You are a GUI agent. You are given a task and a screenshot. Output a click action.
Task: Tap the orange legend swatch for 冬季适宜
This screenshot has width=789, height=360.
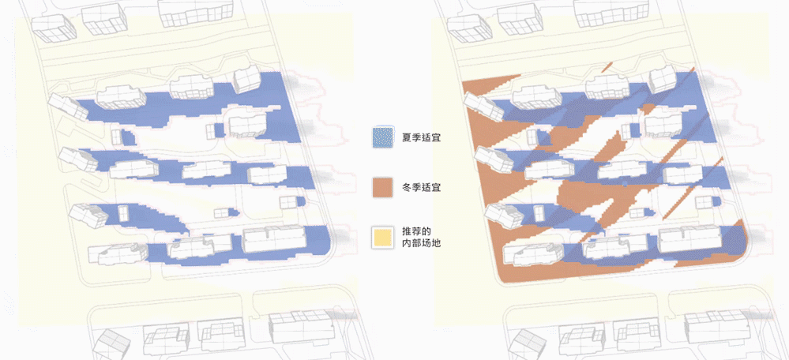[383, 188]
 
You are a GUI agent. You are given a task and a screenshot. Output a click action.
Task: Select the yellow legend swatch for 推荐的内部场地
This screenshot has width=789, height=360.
[383, 238]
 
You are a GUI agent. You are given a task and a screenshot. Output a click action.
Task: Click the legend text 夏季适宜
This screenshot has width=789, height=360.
[421, 138]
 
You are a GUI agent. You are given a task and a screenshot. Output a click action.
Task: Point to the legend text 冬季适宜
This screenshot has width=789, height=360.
[421, 188]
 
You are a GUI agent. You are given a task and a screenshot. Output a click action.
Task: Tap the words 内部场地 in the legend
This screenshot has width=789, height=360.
[421, 245]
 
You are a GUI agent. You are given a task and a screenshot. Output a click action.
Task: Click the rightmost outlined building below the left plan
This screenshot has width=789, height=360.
[300, 326]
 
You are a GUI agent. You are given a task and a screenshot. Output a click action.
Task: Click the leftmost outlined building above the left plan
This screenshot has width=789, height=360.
[51, 26]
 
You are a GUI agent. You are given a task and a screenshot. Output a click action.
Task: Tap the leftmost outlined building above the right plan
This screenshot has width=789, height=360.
[468, 26]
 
